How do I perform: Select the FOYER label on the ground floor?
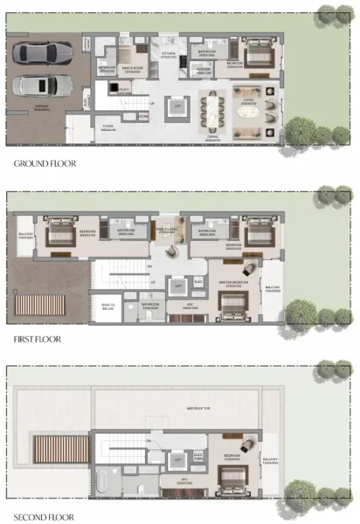[108, 126]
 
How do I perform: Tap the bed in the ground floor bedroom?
[259, 58]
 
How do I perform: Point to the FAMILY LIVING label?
[166, 231]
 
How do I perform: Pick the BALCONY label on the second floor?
[270, 461]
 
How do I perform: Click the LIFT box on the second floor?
[178, 458]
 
